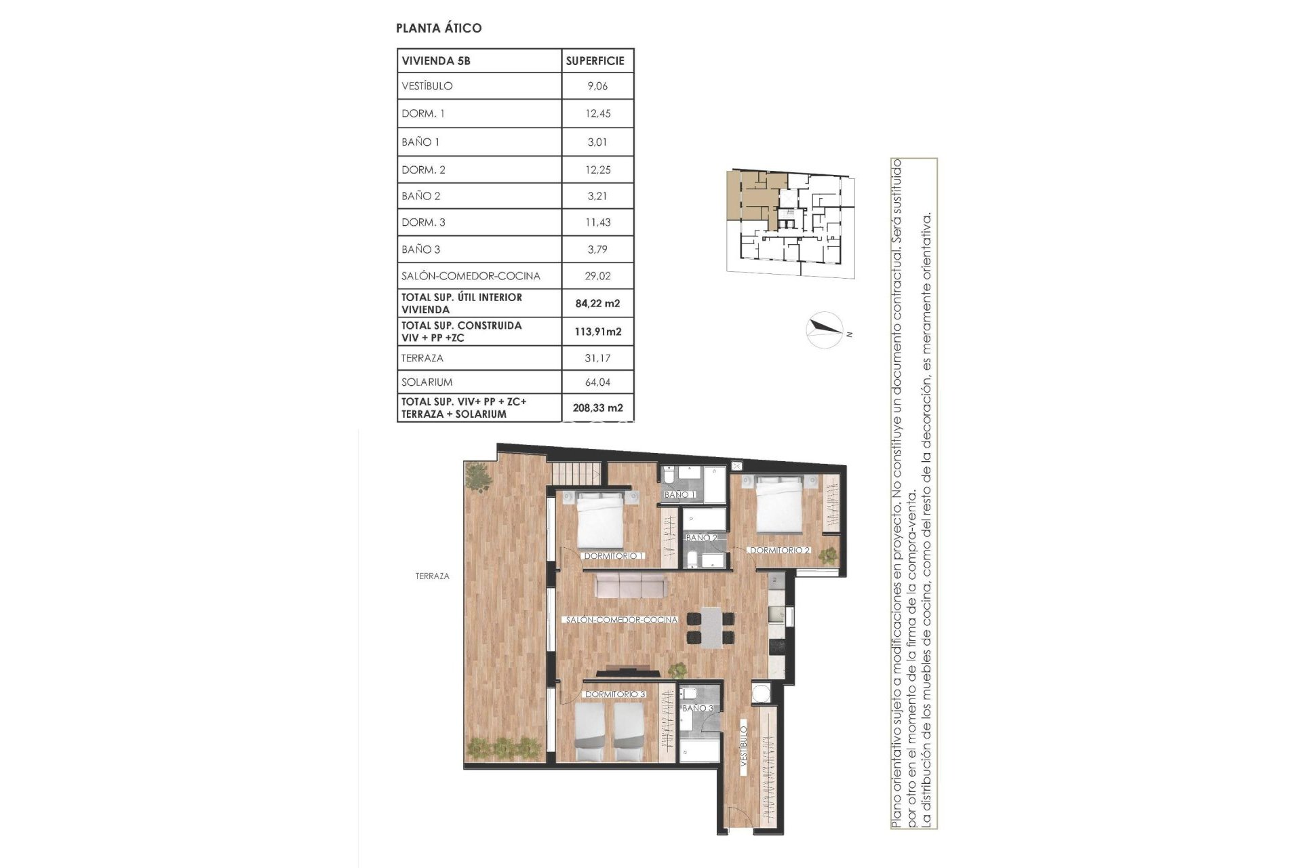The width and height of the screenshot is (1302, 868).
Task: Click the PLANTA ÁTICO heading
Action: tap(439, 28)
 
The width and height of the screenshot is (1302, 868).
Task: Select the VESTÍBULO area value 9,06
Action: tap(597, 86)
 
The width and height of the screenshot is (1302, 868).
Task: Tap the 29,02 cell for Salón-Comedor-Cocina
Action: tap(597, 276)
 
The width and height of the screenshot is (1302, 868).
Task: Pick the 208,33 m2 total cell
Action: tap(597, 408)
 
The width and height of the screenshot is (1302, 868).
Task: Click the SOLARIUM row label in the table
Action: tap(427, 382)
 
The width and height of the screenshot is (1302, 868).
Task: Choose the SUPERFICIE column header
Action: tap(595, 60)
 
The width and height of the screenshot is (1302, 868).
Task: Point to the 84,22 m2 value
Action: tap(597, 304)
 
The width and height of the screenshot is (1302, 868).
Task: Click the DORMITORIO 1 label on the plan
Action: tap(614, 556)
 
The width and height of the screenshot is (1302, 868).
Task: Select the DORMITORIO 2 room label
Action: tap(780, 551)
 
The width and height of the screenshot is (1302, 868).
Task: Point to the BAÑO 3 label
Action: tap(698, 709)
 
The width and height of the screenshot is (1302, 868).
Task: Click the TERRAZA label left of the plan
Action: tap(432, 576)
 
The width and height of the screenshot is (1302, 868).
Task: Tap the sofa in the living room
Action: tap(630, 586)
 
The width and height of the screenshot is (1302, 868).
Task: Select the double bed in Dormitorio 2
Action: tap(780, 505)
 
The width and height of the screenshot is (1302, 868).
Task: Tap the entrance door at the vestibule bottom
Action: tap(736, 819)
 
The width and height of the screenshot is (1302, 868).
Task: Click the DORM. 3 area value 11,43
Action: tap(597, 222)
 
